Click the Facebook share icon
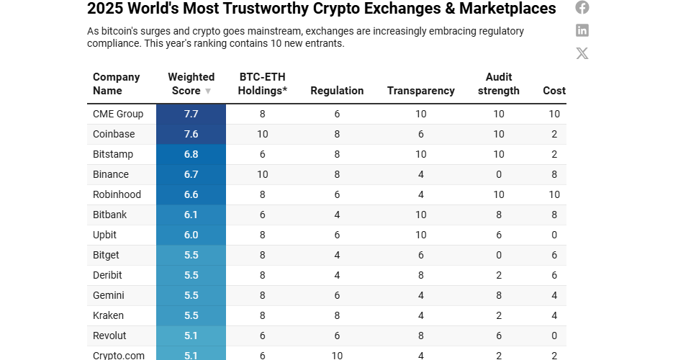tap(582, 7)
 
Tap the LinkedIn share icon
tap(582, 30)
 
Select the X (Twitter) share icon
tap(582, 53)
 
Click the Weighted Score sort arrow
tap(208, 91)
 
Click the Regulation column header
tap(337, 91)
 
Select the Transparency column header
tap(420, 91)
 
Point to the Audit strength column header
tap(498, 84)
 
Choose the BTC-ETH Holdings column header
tap(263, 84)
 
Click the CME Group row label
tap(118, 114)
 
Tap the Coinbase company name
tap(114, 134)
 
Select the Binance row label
tap(111, 174)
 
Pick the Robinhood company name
tap(117, 194)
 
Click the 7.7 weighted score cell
tap(191, 114)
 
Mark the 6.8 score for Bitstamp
tap(191, 154)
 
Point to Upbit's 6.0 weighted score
tap(191, 235)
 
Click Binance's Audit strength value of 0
tap(498, 174)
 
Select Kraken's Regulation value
tap(337, 315)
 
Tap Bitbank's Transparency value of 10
tap(420, 215)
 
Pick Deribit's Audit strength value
tap(498, 275)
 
